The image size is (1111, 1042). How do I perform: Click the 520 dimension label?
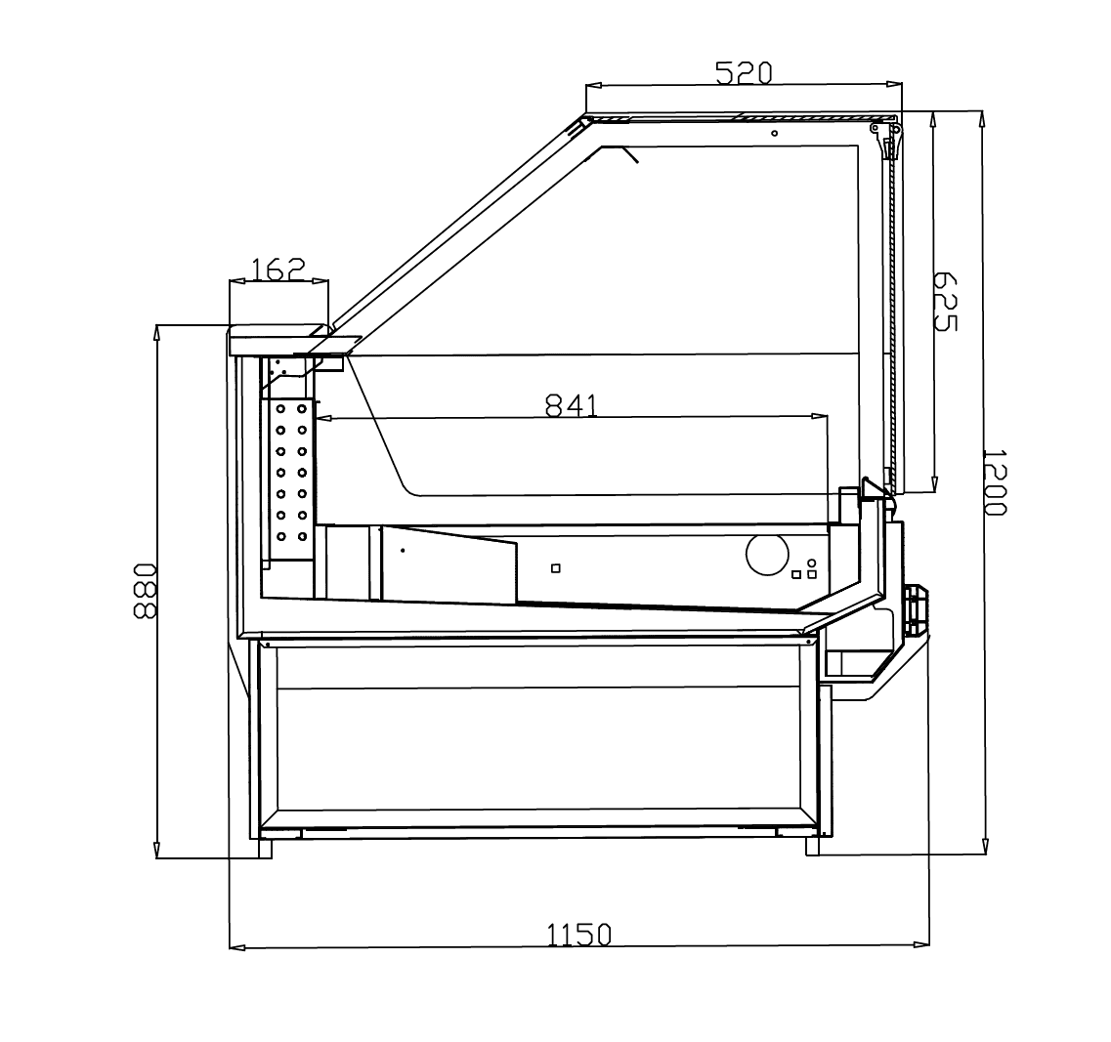point(744,72)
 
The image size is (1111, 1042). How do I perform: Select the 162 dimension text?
point(278,269)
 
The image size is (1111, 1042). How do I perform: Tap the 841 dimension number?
point(571,405)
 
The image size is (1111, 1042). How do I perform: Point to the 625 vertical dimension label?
point(945,301)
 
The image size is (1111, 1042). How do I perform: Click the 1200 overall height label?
point(995,481)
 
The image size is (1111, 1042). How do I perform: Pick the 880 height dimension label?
point(144,591)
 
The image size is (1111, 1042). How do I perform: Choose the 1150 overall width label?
point(578,935)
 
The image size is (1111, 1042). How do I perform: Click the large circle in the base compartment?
point(767,554)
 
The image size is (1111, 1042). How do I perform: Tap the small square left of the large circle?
point(555,568)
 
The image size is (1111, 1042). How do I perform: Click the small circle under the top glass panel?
point(775,133)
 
